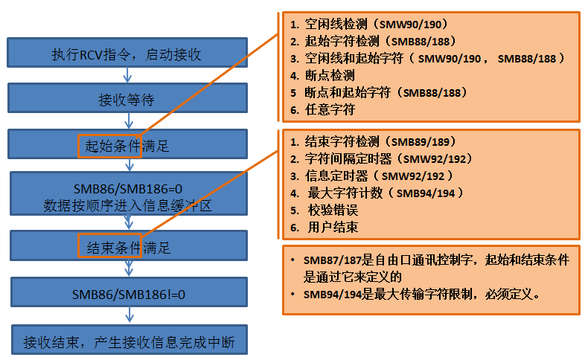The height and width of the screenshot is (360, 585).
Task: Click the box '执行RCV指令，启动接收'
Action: point(127,54)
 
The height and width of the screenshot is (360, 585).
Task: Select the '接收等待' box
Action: point(127,100)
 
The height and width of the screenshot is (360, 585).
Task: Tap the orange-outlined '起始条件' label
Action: point(109,146)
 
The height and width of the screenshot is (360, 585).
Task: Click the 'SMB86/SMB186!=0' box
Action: point(128,294)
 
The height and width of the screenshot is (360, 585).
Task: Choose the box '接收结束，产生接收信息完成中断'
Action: point(128,342)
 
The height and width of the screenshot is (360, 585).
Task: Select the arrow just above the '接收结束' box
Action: point(127,316)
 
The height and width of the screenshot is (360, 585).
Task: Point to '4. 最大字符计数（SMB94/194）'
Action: point(376,193)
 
